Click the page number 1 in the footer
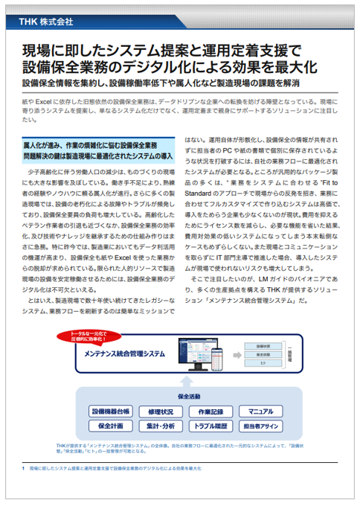tap(25, 470)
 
